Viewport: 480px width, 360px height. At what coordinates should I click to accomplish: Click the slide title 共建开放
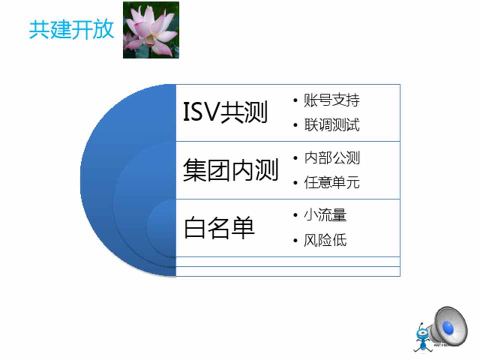pyautogui.click(x=71, y=29)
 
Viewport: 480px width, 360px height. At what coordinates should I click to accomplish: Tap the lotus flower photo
pyautogui.click(x=151, y=29)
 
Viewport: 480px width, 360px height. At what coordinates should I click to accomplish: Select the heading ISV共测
pyautogui.click(x=225, y=112)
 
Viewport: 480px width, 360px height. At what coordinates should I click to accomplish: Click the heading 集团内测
pyautogui.click(x=231, y=170)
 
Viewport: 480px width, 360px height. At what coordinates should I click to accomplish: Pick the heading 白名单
pyautogui.click(x=219, y=227)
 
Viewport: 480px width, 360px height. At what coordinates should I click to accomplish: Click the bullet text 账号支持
pyautogui.click(x=331, y=100)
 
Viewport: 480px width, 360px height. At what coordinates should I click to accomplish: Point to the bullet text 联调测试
pyautogui.click(x=331, y=125)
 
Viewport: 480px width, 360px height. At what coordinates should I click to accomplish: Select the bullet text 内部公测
pyautogui.click(x=331, y=158)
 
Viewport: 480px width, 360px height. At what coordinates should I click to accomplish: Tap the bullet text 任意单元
pyautogui.click(x=331, y=182)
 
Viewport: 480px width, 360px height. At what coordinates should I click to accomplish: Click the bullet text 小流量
pyautogui.click(x=325, y=215)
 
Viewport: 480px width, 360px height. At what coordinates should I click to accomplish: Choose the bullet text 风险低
pyautogui.click(x=325, y=240)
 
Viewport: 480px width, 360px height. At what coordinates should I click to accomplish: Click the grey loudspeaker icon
pyautogui.click(x=448, y=326)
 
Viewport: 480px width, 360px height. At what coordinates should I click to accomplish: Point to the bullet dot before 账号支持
pyautogui.click(x=295, y=100)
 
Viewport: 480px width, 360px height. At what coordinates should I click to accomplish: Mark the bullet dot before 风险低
pyautogui.click(x=295, y=240)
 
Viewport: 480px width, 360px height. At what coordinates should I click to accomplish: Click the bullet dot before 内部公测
pyautogui.click(x=295, y=158)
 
